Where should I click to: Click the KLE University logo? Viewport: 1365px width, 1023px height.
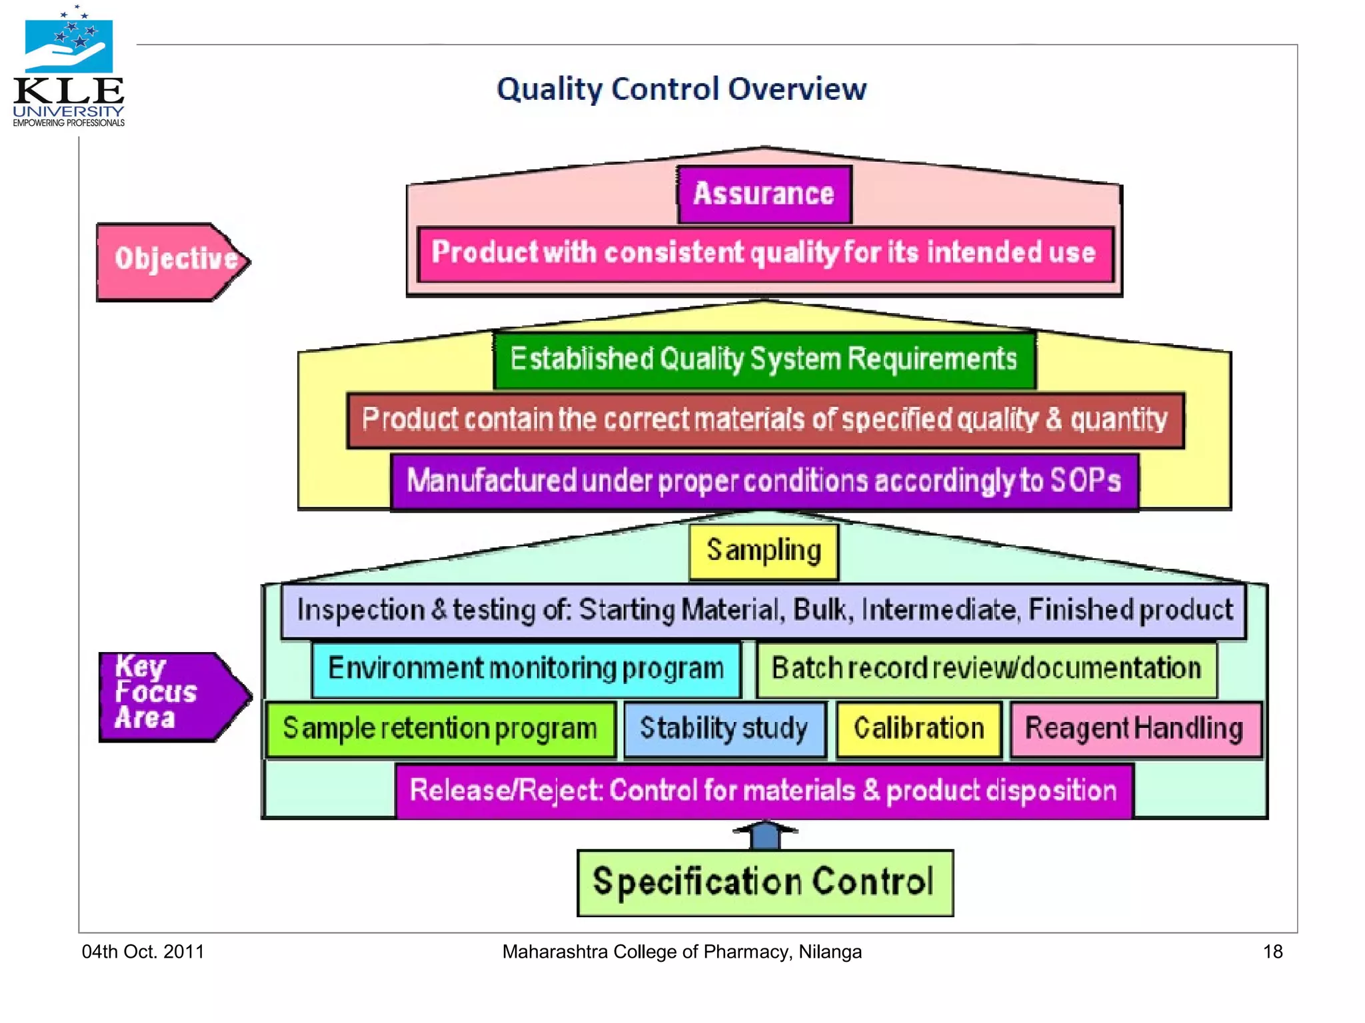click(69, 67)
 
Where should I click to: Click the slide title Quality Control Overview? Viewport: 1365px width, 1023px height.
click(681, 89)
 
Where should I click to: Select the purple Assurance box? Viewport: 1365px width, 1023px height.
click(764, 194)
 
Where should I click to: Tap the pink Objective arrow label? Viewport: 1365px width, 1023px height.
click(172, 261)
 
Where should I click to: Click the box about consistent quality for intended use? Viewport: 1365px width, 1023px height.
click(764, 254)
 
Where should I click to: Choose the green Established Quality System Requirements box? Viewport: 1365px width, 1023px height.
click(764, 360)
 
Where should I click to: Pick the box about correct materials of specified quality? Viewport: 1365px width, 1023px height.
click(764, 420)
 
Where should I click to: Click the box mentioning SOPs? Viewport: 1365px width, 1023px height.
click(764, 481)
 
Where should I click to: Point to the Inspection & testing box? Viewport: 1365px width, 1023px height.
click(764, 611)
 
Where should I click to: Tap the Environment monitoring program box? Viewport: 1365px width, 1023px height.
click(526, 669)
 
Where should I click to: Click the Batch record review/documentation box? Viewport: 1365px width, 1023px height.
click(986, 669)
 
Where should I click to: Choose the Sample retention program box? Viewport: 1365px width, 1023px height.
click(440, 729)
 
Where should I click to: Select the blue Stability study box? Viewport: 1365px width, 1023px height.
click(724, 729)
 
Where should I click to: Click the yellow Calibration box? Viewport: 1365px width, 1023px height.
click(919, 729)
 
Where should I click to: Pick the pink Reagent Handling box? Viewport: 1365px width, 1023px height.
click(1134, 729)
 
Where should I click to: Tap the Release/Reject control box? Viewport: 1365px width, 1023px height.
click(763, 791)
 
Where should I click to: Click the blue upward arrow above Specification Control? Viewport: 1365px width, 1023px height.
click(765, 835)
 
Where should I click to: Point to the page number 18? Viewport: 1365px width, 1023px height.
click(1272, 952)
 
